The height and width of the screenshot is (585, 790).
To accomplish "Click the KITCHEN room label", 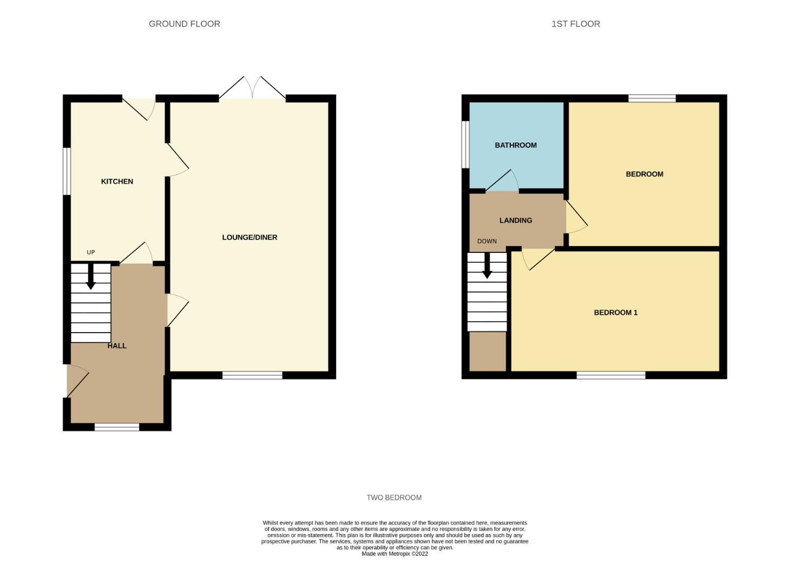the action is [x=117, y=181].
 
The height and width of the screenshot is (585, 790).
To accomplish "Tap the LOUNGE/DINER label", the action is [x=249, y=237].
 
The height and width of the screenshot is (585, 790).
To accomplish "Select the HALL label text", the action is [x=117, y=345].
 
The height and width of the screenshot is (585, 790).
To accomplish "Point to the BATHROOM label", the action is [x=515, y=145].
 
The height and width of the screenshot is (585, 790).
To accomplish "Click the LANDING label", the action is [x=515, y=220].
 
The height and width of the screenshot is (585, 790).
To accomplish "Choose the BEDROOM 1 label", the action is [x=615, y=313].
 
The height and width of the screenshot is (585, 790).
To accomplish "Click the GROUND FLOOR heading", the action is [x=184, y=24].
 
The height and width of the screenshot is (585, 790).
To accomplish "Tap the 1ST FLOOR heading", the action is [x=576, y=24].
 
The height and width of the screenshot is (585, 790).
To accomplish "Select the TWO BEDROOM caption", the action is [x=394, y=497].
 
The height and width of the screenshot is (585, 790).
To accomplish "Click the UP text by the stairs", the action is [x=91, y=252].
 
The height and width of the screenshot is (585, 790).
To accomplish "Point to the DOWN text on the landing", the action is [x=486, y=241].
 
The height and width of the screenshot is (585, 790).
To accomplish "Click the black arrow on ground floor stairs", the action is [x=91, y=276].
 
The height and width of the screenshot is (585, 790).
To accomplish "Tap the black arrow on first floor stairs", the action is [x=487, y=265].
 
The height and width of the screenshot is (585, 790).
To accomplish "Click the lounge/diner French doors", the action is [x=252, y=87].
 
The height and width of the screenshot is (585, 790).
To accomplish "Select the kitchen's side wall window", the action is [x=67, y=171].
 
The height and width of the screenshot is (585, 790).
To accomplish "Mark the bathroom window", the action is [x=465, y=145].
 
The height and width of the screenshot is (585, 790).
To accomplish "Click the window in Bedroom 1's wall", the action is [x=611, y=375].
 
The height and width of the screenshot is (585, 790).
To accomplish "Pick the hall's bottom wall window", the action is [x=117, y=427].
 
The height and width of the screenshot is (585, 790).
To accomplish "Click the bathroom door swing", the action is [x=502, y=180].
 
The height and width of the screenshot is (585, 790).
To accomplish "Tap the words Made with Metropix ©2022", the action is [x=394, y=554].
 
